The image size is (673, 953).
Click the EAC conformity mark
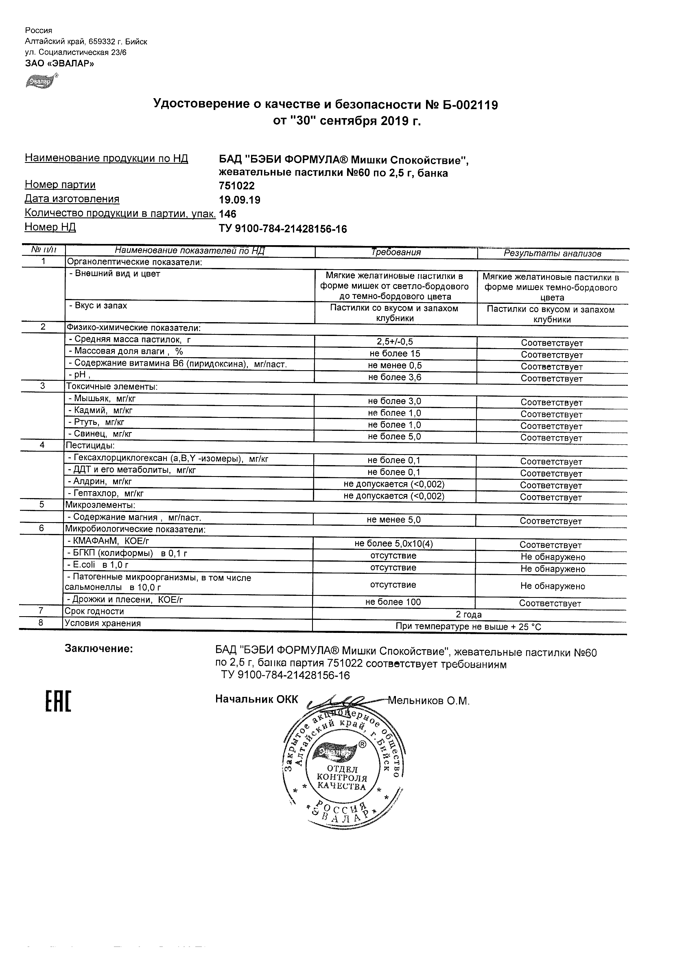(58, 702)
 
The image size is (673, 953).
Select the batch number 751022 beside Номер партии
(237, 186)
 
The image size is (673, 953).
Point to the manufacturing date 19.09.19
(240, 200)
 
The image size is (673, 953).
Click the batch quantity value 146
(227, 214)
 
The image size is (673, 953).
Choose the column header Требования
(396, 253)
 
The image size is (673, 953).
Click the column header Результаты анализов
(552, 254)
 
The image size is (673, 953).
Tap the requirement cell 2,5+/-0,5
(395, 342)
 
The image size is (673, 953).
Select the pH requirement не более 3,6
(395, 377)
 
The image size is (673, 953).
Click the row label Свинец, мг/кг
(101, 434)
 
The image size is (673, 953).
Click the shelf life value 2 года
(469, 615)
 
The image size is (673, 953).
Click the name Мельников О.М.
(429, 701)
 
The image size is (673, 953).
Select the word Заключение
(99, 649)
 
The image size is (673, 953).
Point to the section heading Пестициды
(90, 446)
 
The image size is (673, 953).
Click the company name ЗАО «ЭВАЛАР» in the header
(59, 64)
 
